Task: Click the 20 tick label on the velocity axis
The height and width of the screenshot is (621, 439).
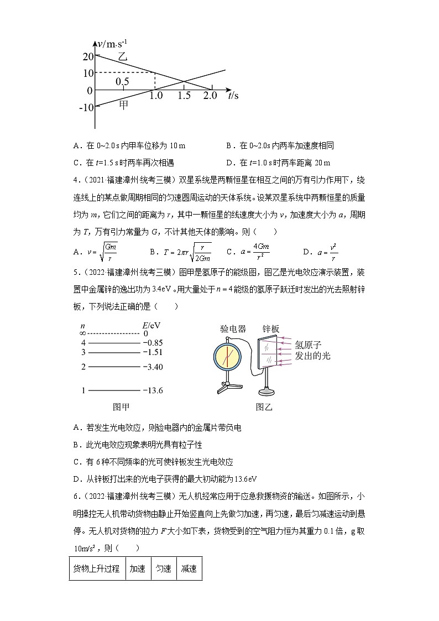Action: point(87,56)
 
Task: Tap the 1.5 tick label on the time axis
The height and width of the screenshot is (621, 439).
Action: point(184,96)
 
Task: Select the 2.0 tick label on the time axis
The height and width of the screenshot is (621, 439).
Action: point(210,96)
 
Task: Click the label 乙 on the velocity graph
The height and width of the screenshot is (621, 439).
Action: point(122,56)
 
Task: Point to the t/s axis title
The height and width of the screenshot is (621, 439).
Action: point(233,96)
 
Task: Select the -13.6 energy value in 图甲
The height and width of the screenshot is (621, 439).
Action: point(153,390)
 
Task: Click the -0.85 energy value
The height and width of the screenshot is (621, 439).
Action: point(153,342)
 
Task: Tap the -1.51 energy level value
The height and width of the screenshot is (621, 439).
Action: point(153,352)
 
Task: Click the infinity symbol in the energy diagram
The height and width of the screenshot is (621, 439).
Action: point(83,333)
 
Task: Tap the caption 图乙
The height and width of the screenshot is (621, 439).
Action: point(264,408)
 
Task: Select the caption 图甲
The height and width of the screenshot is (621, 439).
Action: point(121,408)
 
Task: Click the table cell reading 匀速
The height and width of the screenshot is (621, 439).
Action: point(163,568)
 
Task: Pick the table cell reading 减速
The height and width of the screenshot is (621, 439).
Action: point(189,568)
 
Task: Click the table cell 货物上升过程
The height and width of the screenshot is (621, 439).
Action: point(96,568)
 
